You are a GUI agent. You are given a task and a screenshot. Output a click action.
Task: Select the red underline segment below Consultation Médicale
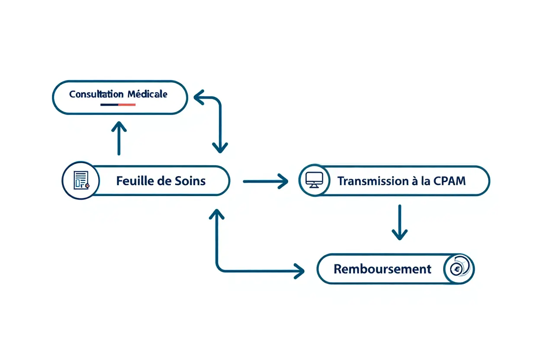point(126,105)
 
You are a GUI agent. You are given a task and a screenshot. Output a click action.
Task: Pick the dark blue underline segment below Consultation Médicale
point(109,105)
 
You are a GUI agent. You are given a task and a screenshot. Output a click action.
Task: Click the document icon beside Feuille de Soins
point(80,181)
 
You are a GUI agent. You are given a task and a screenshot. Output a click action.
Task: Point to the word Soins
point(190,181)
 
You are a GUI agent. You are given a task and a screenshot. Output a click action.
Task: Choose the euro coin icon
point(457,269)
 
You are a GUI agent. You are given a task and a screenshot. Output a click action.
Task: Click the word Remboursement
point(382,269)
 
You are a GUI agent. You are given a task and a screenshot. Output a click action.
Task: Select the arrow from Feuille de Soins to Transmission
point(266,181)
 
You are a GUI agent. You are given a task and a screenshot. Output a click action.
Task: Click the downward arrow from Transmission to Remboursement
point(399,222)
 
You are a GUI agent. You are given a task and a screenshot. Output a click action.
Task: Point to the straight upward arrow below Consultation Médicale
point(119,138)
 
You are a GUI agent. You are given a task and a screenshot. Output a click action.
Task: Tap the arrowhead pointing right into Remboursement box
point(300,271)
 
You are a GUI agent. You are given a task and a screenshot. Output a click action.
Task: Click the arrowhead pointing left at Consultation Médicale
point(199,98)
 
